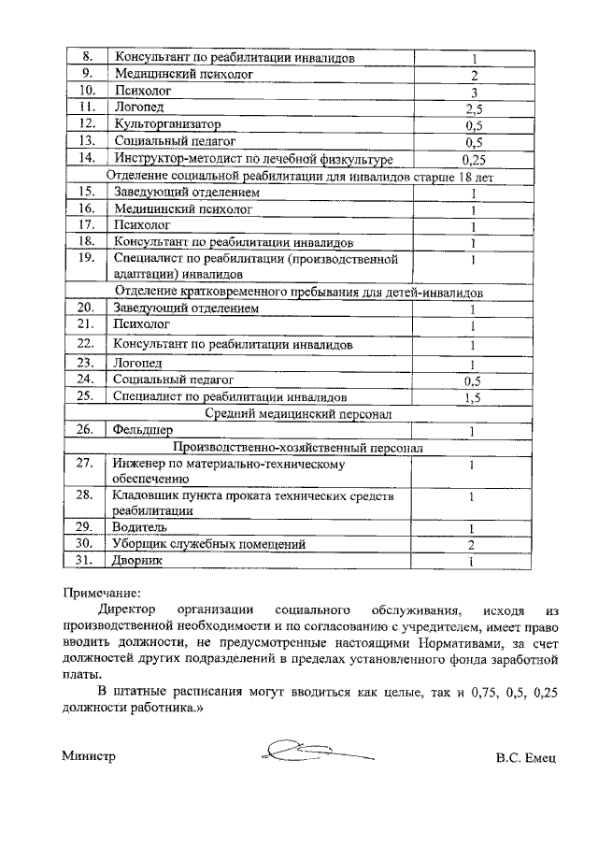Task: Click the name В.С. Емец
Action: (x=526, y=756)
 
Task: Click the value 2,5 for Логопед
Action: (x=474, y=109)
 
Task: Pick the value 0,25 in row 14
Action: (x=474, y=160)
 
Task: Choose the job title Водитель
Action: (x=141, y=526)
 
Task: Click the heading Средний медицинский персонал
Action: (x=299, y=412)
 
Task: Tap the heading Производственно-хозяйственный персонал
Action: (x=299, y=448)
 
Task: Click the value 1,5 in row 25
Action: (x=474, y=397)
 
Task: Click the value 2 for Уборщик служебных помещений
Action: (x=474, y=544)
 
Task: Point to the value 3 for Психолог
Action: (x=474, y=93)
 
